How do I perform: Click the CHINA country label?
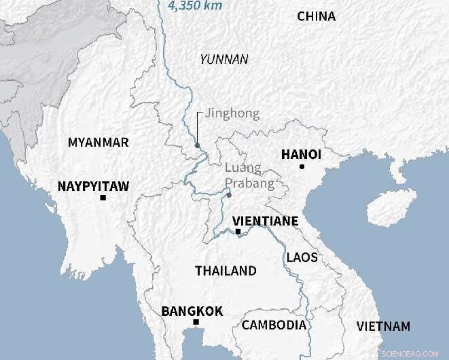point(317,16)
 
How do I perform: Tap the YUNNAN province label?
point(223,59)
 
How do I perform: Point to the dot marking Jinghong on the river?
point(197,145)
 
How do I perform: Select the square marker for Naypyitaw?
point(103,198)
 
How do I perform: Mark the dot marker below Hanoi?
point(302,166)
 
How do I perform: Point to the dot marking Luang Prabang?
point(229,196)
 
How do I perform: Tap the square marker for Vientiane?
point(238,232)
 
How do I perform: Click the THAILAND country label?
point(226,270)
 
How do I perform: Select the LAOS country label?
point(302,257)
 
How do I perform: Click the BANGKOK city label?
point(192,311)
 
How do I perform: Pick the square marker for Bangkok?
point(196,322)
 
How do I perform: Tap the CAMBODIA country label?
point(274,325)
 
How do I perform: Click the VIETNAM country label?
point(384,326)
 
